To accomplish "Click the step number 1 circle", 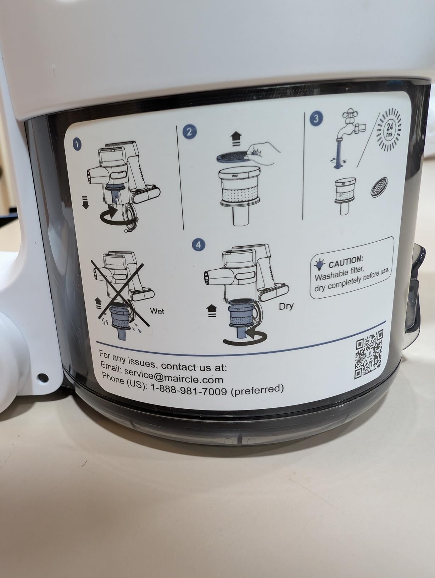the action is [77, 144].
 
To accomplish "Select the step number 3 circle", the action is [316, 118].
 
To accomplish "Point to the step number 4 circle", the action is [198, 245].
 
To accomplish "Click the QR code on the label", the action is [368, 354].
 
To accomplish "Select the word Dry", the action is [286, 306].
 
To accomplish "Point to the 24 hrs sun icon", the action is [389, 129].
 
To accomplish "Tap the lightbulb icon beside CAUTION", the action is [319, 265].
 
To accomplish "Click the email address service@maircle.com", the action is [174, 376].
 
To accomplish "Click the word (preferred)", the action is [257, 389].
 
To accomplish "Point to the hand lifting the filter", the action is [263, 153].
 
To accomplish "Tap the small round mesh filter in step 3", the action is [379, 187].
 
